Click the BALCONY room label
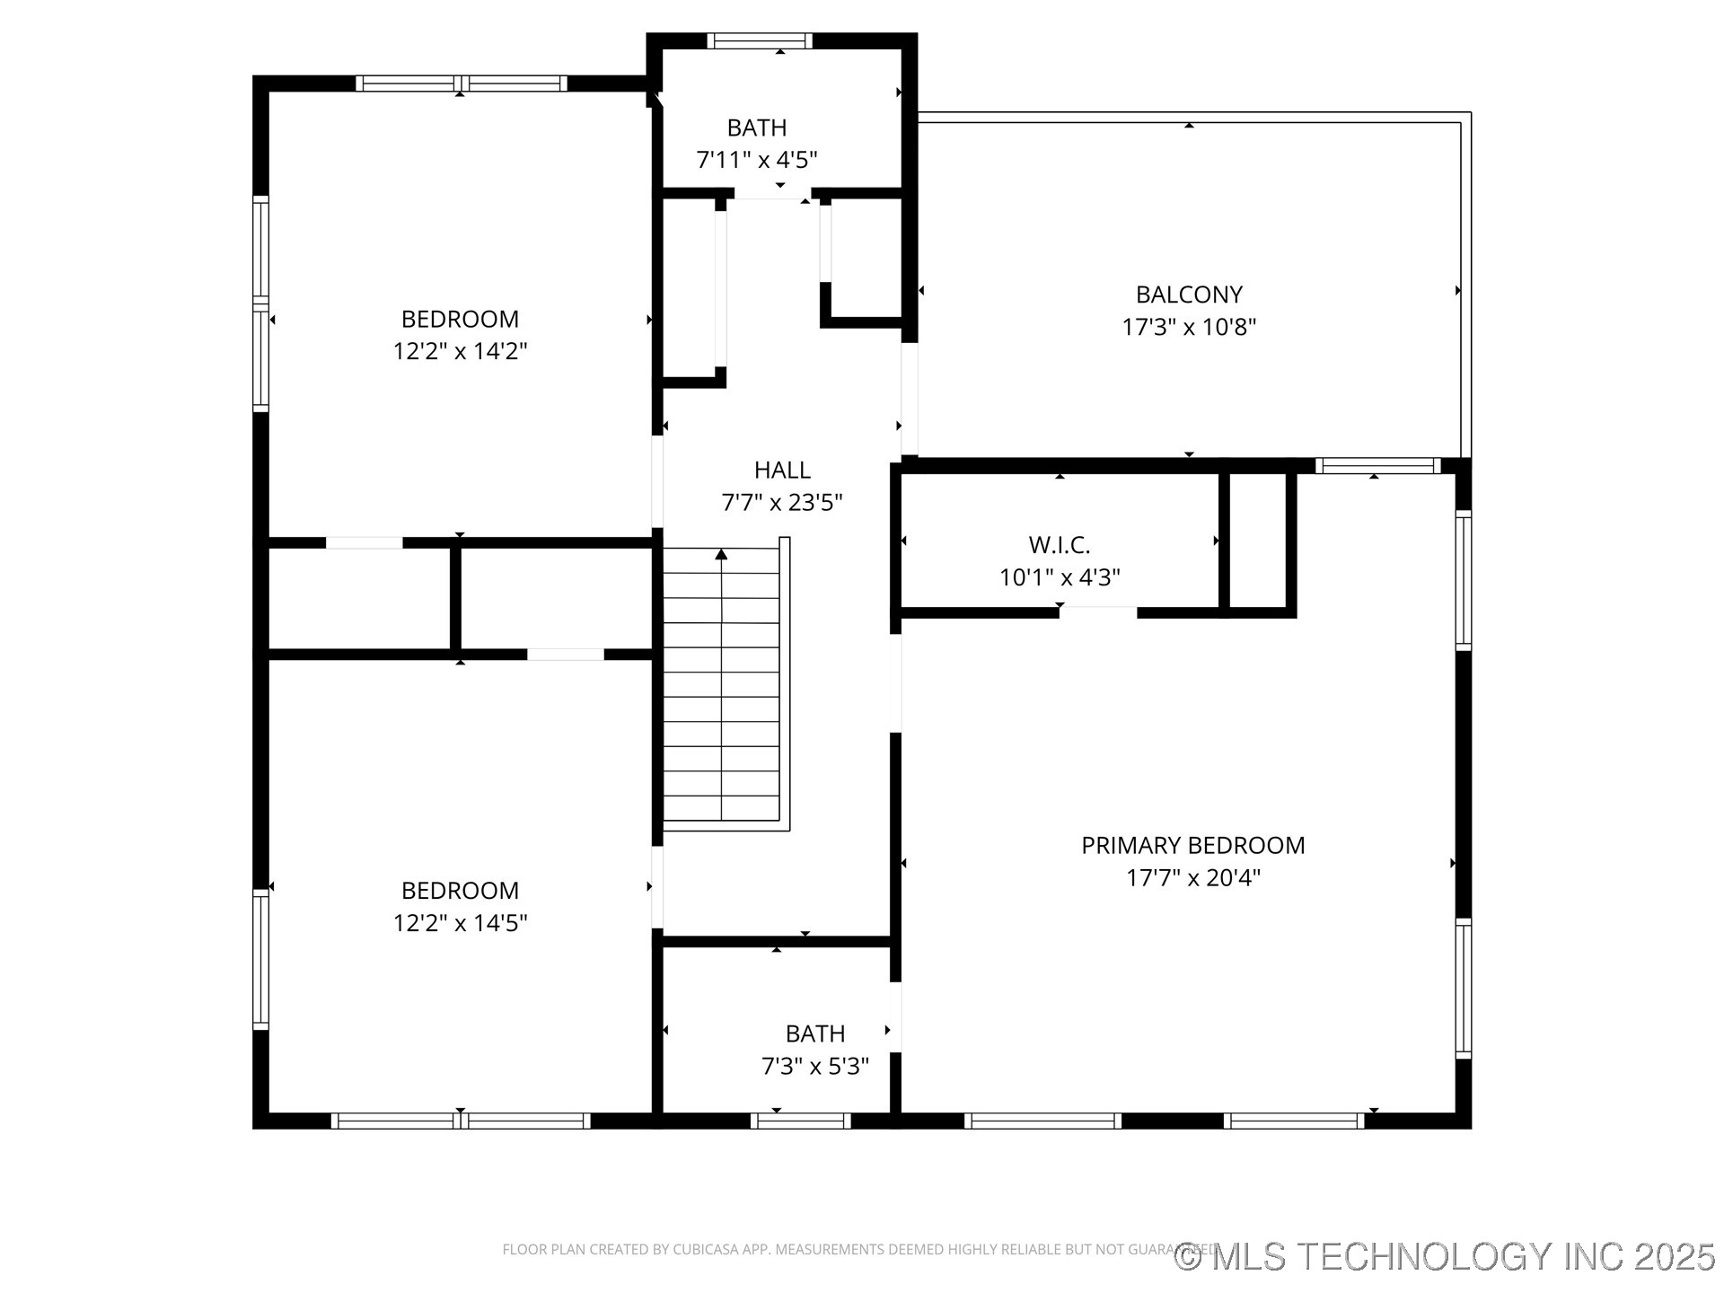(1189, 295)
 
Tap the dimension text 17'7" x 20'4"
(1193, 877)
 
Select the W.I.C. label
(1060, 545)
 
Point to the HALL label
(782, 470)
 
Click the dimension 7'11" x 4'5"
(757, 160)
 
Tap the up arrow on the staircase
(721, 555)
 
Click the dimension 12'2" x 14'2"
(460, 351)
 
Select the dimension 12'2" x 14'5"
(460, 923)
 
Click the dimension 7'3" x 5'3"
(815, 1066)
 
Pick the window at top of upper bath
(760, 40)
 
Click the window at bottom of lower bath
(800, 1121)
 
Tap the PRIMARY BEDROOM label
(1193, 845)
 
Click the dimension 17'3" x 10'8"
(1189, 327)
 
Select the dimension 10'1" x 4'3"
(1060, 577)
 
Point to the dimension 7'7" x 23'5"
(782, 502)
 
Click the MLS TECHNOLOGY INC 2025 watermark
(1445, 1256)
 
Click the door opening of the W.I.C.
(1098, 612)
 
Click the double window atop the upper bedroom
(461, 84)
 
